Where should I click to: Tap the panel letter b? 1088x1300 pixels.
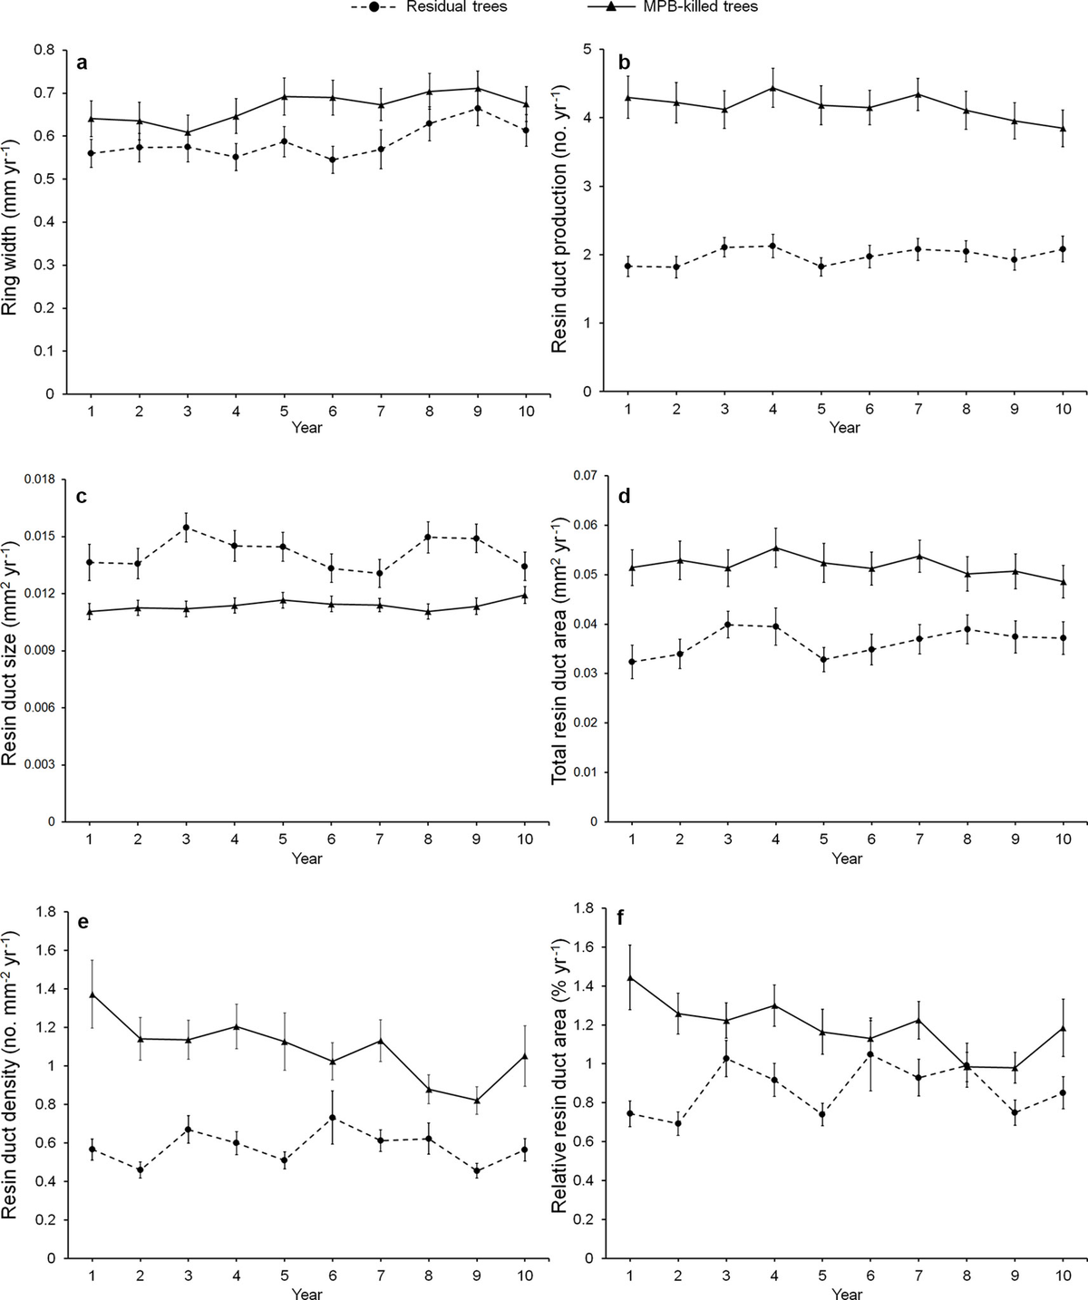[x=624, y=63]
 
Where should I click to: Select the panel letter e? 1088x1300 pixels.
[x=83, y=922]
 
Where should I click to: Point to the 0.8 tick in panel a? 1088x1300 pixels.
[x=44, y=50]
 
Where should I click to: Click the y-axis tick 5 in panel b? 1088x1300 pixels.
[x=588, y=49]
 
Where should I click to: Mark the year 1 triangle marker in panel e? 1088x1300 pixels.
[x=92, y=994]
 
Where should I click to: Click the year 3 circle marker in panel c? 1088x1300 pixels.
[x=186, y=528]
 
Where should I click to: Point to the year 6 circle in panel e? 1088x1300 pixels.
[x=333, y=1117]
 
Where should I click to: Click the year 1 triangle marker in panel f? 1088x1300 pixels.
[x=629, y=977]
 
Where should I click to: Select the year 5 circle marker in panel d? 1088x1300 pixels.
[x=823, y=660]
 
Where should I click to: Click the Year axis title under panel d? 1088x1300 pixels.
[x=847, y=858]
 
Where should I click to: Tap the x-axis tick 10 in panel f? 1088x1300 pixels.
[x=1063, y=1276]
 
